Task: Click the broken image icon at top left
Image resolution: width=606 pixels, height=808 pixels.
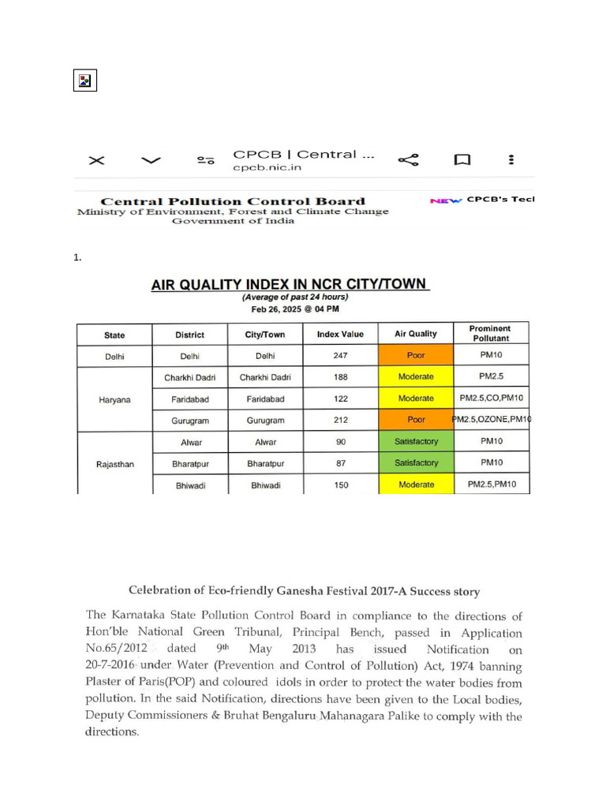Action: pos(84,80)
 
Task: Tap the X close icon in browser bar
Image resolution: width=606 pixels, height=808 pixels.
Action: pos(96,160)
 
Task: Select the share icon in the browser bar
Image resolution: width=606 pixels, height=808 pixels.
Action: pos(408,160)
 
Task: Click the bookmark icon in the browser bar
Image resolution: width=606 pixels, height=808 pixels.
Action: pos(462,160)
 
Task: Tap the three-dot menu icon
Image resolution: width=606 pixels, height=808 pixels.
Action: pos(511,160)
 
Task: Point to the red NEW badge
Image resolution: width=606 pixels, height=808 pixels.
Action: pos(446,200)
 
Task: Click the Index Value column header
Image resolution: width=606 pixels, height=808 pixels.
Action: pos(340,335)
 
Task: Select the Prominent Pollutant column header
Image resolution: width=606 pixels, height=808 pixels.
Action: pos(489,333)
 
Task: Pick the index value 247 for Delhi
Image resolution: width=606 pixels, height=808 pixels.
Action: pos(341,356)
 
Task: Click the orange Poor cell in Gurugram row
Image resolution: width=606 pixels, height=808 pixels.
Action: pos(416,421)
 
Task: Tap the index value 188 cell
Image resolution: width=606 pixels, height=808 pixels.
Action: pos(341,378)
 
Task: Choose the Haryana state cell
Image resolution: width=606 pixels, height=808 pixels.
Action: pos(114,399)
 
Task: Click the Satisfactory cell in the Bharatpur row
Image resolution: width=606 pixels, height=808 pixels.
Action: pos(416,463)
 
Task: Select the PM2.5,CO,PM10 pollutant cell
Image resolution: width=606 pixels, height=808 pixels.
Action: pos(492,399)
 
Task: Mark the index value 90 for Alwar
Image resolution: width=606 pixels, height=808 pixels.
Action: pos(341,443)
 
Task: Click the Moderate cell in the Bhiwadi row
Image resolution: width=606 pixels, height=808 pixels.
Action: pos(416,484)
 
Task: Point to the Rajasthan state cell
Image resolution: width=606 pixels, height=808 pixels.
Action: pos(114,464)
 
